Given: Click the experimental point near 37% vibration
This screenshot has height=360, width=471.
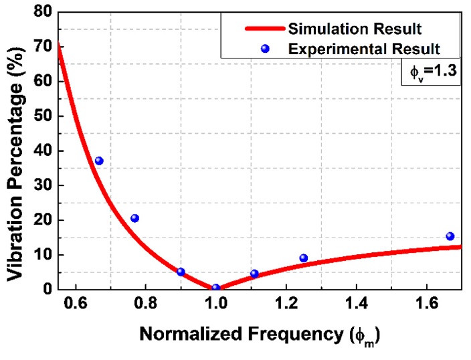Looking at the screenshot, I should click(99, 161).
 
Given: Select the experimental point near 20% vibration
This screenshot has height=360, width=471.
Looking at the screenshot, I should click(134, 218).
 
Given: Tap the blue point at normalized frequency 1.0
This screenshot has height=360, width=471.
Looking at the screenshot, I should click(215, 288).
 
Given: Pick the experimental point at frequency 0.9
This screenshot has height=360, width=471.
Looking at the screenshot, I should click(181, 272).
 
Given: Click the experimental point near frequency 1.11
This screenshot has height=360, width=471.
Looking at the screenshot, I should click(254, 273).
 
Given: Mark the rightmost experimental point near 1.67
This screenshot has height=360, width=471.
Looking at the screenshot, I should click(450, 236).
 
